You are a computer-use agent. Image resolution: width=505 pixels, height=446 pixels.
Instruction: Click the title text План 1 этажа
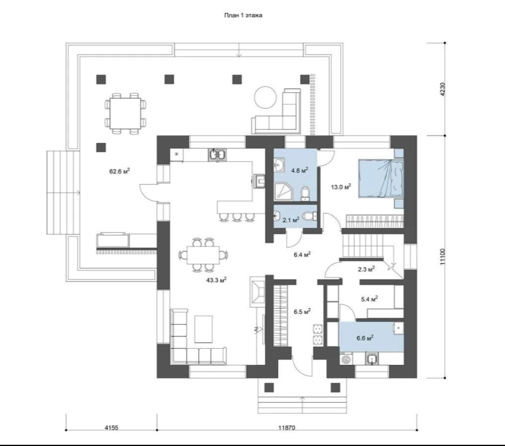tap(243, 15)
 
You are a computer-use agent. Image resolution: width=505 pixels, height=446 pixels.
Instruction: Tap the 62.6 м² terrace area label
tap(120, 171)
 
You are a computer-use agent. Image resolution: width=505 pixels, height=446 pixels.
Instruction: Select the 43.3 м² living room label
tap(216, 280)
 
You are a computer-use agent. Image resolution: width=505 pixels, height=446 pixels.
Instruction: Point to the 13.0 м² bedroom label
tap(341, 186)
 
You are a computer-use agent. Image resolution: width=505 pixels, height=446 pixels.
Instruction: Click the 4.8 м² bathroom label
tap(300, 170)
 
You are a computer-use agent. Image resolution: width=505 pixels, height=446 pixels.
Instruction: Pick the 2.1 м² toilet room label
tap(291, 220)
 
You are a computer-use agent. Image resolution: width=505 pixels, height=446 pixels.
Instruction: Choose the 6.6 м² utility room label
tap(365, 338)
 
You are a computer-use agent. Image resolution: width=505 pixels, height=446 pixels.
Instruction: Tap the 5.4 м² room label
tap(370, 299)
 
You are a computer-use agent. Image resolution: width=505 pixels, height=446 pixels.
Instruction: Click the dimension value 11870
tap(287, 428)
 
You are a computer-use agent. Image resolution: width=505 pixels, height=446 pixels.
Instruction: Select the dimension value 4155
tap(111, 428)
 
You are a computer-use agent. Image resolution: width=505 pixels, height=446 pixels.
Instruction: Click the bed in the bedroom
tap(381, 179)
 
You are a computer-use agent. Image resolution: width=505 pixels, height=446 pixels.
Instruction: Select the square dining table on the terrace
tap(126, 113)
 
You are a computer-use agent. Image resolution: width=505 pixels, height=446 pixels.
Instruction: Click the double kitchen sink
tap(218, 155)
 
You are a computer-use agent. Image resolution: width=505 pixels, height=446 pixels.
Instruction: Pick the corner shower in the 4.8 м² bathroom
tap(284, 192)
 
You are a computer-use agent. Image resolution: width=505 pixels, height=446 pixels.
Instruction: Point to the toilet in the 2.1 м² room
tap(310, 216)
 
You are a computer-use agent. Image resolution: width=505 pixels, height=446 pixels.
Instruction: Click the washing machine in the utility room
tap(346, 359)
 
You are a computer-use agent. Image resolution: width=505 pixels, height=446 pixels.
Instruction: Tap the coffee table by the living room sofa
tap(204, 329)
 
